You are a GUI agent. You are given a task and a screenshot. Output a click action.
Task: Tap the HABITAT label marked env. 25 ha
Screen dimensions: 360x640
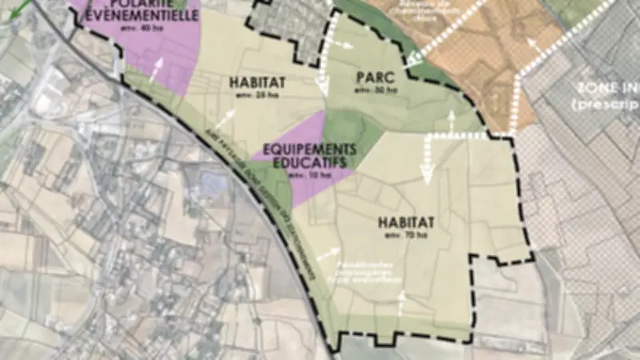coord(254,82)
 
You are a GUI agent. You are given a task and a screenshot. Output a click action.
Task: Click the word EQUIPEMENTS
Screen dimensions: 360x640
coord(303,150)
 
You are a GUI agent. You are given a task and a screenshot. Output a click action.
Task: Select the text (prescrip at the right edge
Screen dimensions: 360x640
coord(605,105)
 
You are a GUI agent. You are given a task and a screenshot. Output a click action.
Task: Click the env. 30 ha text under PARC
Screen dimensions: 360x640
coord(376,90)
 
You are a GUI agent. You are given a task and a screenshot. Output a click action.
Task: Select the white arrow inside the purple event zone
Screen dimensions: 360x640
coord(160,66)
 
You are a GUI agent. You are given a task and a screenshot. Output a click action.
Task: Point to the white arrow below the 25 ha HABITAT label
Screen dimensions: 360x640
coord(226,118)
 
